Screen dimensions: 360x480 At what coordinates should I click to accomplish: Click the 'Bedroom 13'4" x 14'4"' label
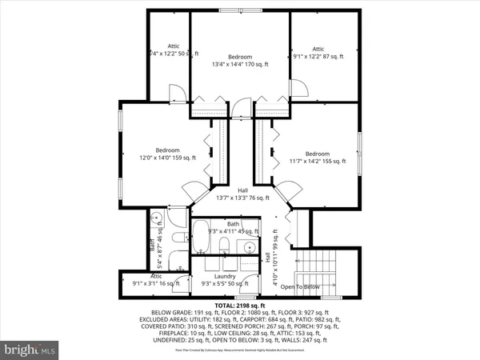(240, 60)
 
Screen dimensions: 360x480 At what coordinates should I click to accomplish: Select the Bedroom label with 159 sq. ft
(167, 154)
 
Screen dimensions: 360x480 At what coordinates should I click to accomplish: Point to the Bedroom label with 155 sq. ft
(317, 158)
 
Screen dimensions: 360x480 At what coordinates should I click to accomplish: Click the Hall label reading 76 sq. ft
(242, 194)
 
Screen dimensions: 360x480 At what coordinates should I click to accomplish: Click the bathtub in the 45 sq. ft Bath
(201, 240)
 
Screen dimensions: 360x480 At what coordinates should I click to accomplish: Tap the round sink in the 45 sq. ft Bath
(249, 247)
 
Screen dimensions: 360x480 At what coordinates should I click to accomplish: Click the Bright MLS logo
(30, 350)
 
